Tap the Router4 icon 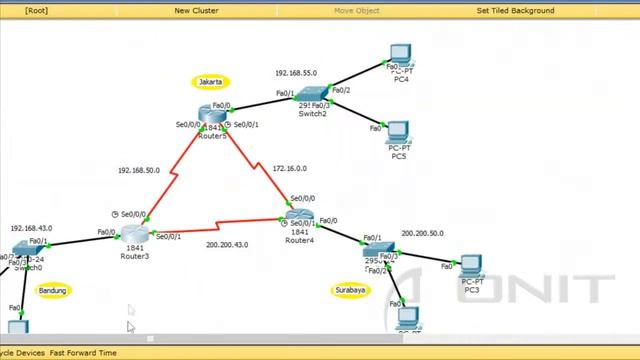[299, 217]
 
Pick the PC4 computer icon [402, 54]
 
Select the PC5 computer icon [397, 132]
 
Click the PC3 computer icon [472, 265]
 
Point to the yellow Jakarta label [211, 82]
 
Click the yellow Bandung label [52, 291]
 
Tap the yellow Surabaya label [349, 291]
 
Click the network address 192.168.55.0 [296, 73]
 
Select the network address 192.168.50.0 [138, 170]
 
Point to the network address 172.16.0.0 [290, 169]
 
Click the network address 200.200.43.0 [227, 245]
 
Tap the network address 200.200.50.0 [422, 233]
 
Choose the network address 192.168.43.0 [32, 228]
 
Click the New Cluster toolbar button [196, 10]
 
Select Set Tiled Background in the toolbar [515, 10]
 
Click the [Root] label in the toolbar [36, 10]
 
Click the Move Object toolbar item [356, 10]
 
